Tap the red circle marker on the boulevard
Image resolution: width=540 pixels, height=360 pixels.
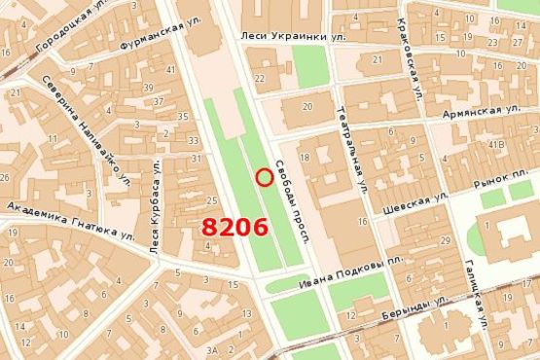[263, 176]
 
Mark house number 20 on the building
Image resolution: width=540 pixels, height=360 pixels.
[308, 107]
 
